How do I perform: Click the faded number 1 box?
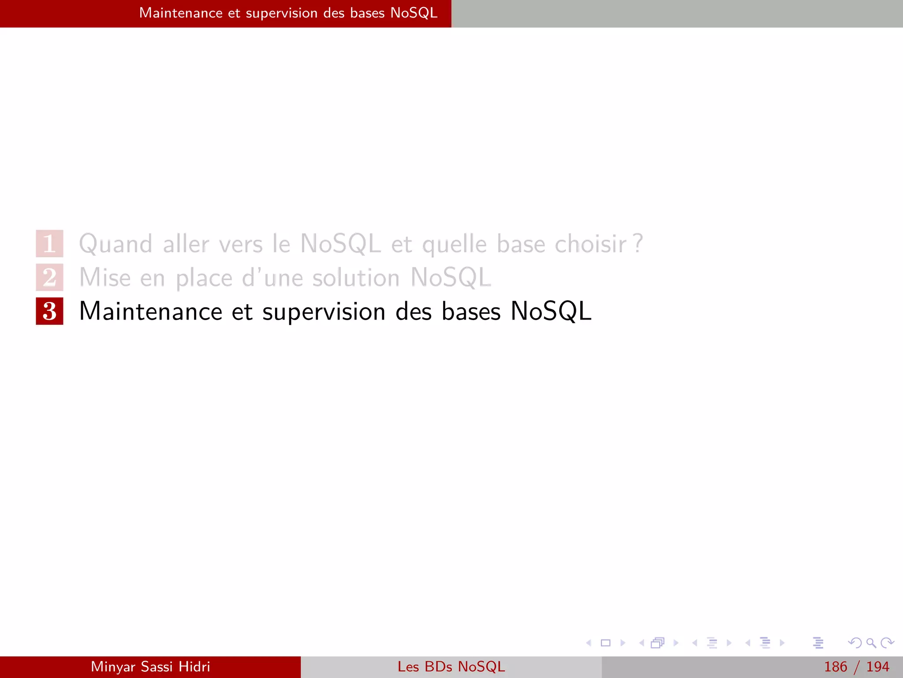49,243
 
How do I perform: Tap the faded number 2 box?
49,277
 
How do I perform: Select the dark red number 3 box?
49,311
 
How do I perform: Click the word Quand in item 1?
116,244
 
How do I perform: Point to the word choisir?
590,244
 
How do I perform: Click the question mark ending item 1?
638,243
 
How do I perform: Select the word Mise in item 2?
105,278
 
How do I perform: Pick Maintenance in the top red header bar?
181,13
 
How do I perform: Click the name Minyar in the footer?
113,667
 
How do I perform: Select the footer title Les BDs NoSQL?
451,667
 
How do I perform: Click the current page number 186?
836,667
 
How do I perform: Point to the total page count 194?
877,667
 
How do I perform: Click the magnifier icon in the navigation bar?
871,643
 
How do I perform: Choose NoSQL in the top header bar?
414,13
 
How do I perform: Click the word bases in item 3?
471,311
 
